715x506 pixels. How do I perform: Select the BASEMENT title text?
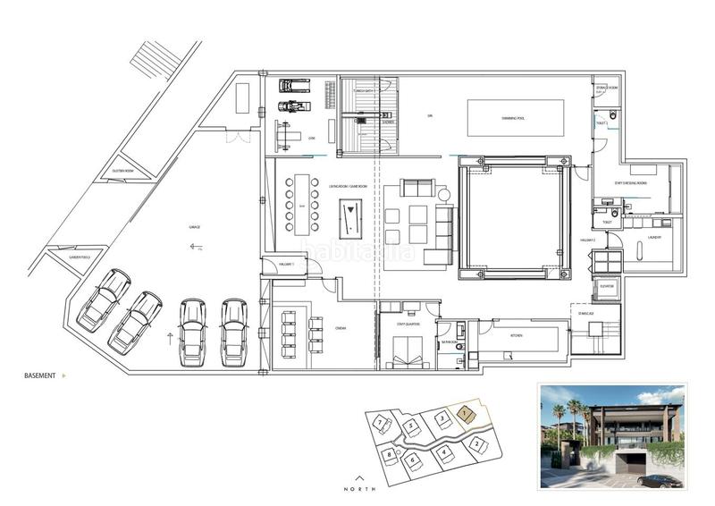(x=41, y=376)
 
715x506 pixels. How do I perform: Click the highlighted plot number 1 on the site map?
(x=465, y=413)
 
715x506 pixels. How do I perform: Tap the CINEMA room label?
(x=341, y=328)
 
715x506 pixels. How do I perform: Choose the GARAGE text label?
(x=194, y=227)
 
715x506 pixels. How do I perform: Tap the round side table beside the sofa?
(x=443, y=194)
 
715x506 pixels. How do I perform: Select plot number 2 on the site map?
(x=477, y=444)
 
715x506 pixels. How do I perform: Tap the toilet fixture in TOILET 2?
(x=613, y=115)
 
